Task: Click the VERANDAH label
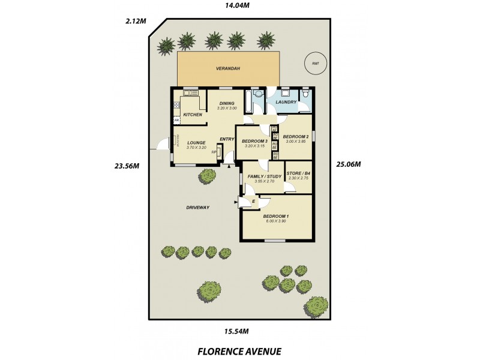tap(228, 69)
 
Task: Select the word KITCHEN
tap(193, 115)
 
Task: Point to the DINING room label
tap(227, 103)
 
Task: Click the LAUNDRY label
tap(286, 102)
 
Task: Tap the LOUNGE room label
tap(196, 143)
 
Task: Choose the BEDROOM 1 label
tap(276, 217)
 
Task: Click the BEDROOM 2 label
tap(295, 136)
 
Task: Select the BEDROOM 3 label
tap(254, 142)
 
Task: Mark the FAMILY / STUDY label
tap(264, 176)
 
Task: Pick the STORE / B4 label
tap(298, 174)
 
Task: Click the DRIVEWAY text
tap(197, 208)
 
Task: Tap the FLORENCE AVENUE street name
tap(239, 351)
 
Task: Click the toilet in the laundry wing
tap(305, 94)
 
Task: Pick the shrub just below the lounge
tap(208, 176)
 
